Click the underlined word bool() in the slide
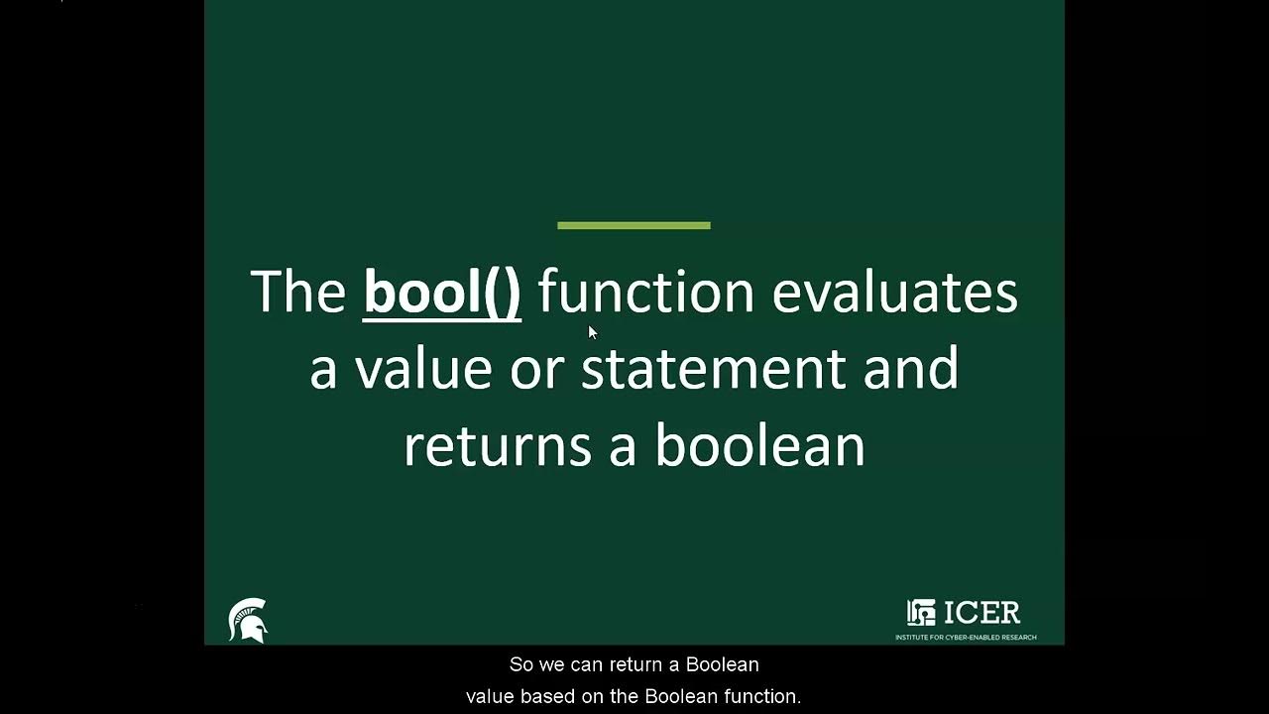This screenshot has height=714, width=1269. pos(442,293)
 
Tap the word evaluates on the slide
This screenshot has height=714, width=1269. pos(894,293)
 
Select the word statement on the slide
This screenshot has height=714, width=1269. pos(713,369)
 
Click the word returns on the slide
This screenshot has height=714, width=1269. pos(498,446)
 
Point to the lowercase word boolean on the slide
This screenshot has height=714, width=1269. pos(759,446)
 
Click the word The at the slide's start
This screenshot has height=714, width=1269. pos(298,293)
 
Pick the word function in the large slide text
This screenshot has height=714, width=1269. pos(645,293)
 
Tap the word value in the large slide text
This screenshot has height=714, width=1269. pos(423,369)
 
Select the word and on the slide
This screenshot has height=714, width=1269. pos(911,369)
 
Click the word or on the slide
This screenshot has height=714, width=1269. pos(536,369)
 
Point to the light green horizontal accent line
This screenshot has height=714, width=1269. pos(634,226)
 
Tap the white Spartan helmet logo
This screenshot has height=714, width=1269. pos(248,621)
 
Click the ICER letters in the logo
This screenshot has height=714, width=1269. pos(981,613)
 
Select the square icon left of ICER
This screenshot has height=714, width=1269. pos(921,613)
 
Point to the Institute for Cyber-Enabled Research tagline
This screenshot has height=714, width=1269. pos(966,637)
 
